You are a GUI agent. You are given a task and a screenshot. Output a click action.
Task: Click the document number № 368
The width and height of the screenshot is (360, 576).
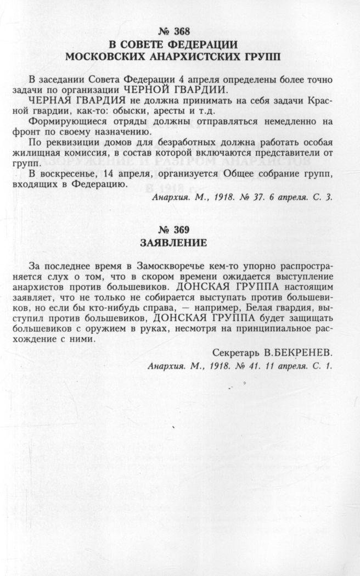coord(179,31)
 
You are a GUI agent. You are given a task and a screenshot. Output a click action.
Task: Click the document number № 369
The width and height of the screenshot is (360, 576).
coord(179,230)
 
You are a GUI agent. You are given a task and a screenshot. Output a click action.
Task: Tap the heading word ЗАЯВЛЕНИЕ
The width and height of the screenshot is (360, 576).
coord(179,242)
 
